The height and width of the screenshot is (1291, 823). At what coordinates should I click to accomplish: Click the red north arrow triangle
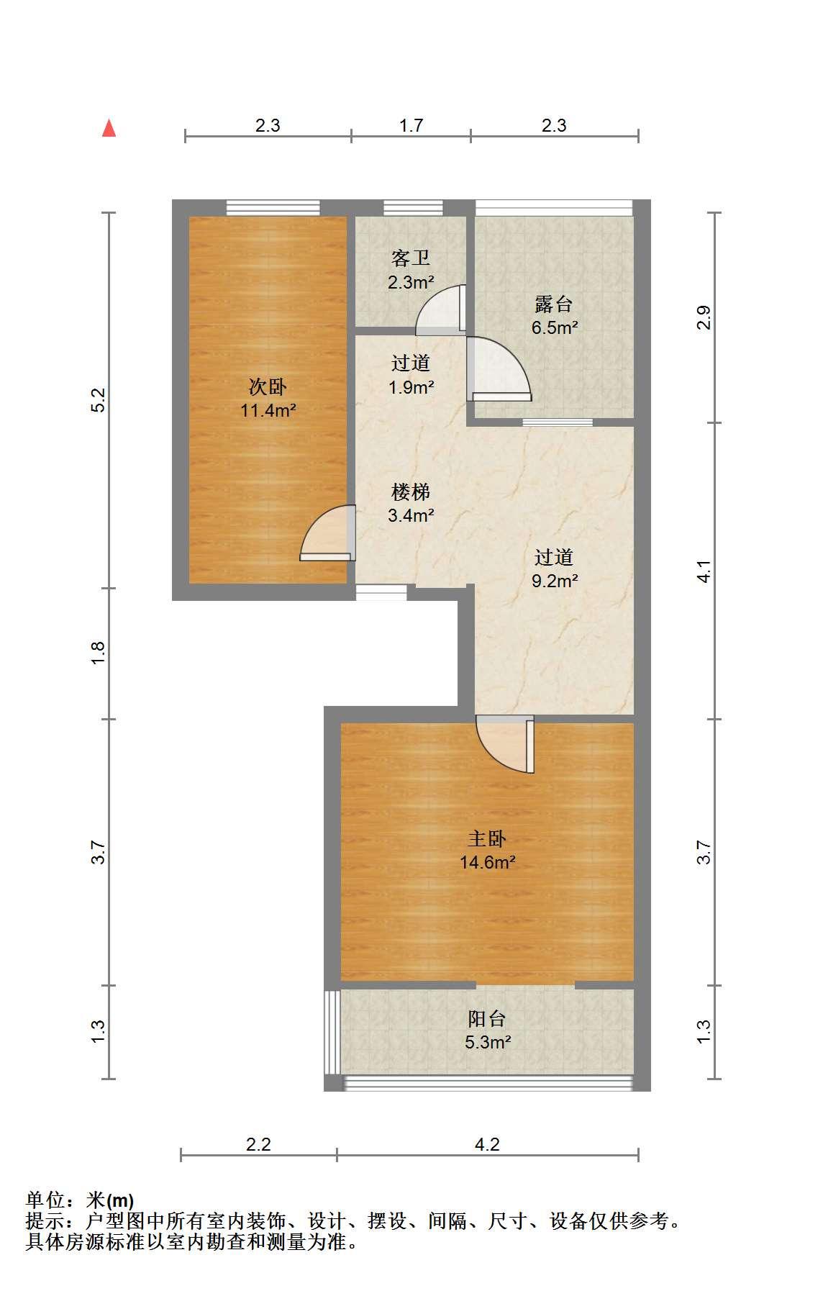coord(109,128)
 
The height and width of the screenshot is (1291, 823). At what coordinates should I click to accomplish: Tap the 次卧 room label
coord(268,387)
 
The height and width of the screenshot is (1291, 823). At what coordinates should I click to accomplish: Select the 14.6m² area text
coord(488,862)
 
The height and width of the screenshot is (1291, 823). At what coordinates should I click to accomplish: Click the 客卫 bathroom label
coord(411,258)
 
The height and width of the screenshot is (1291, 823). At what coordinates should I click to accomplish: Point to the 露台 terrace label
coord(554,304)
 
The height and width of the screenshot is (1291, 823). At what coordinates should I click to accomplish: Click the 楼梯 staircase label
coord(411,492)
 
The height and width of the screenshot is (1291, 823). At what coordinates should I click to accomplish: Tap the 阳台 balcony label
coord(487,1019)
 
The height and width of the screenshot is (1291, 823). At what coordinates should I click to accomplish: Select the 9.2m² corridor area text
coord(555,581)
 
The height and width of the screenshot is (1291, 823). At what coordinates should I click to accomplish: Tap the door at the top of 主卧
coord(505,744)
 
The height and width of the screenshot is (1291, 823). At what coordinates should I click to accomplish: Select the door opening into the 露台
coord(499,369)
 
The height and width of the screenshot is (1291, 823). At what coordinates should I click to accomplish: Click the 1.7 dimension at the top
coord(411,125)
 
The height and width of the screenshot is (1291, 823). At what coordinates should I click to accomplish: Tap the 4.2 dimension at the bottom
coord(487,1144)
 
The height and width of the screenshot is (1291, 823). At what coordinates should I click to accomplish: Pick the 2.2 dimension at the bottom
coord(258,1144)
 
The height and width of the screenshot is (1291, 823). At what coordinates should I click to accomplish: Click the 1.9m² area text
coord(411,387)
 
